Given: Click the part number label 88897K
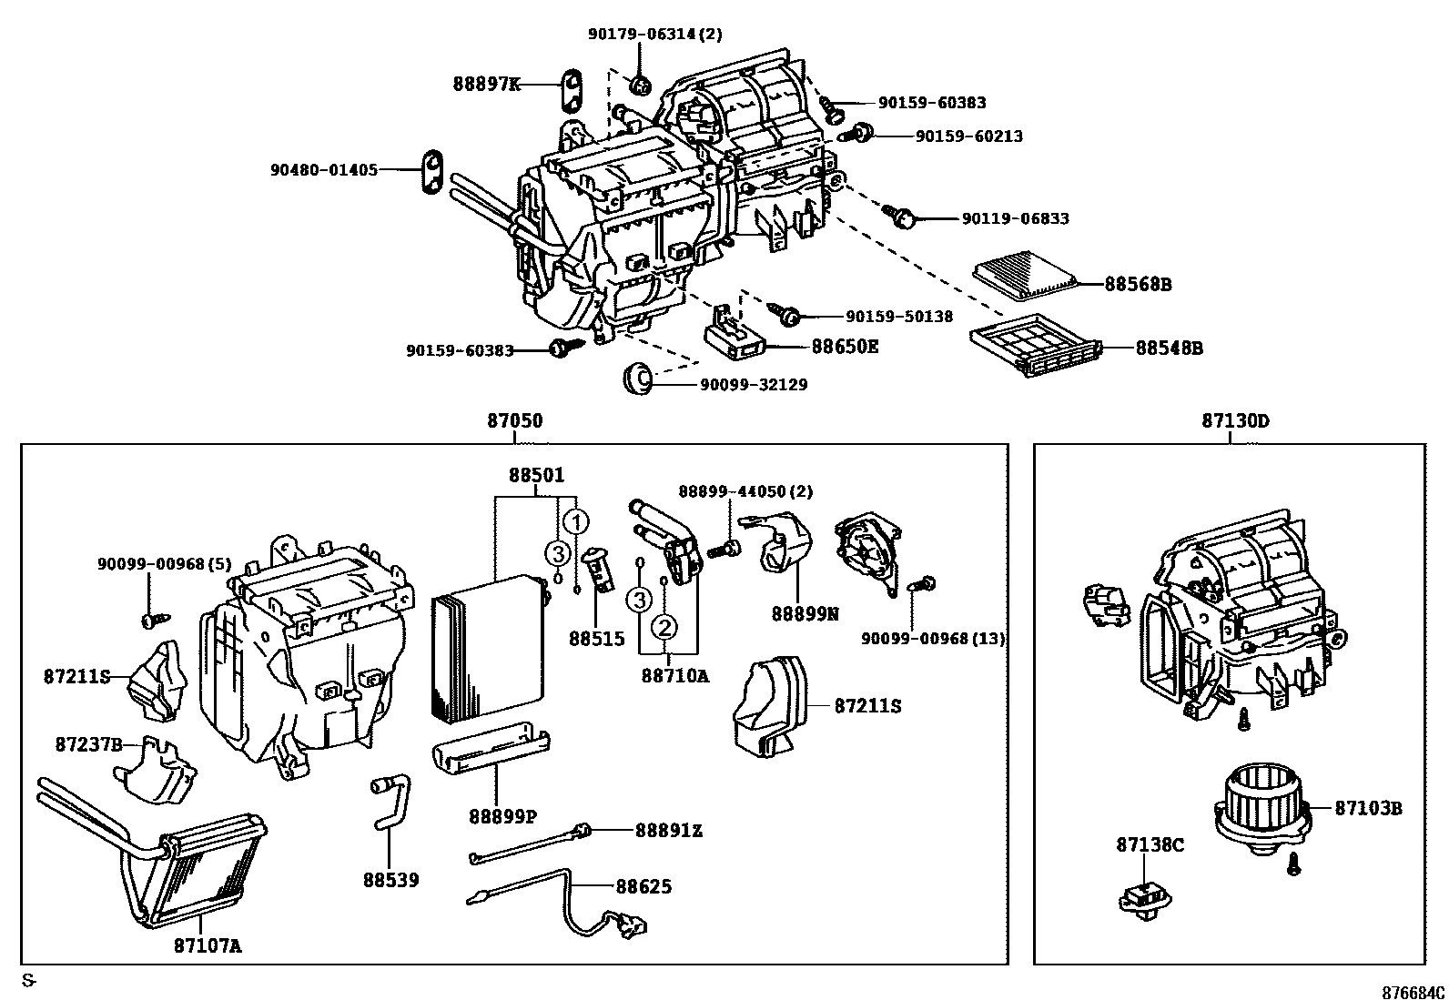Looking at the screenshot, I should point(487,85).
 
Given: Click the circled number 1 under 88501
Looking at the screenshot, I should point(575,522).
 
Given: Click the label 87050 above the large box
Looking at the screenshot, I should point(514,421).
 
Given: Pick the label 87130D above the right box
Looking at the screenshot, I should point(1235,421).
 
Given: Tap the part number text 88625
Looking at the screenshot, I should point(643,885).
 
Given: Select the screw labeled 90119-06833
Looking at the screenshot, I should point(904,216).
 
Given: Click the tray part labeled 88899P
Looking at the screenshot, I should point(491,748).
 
